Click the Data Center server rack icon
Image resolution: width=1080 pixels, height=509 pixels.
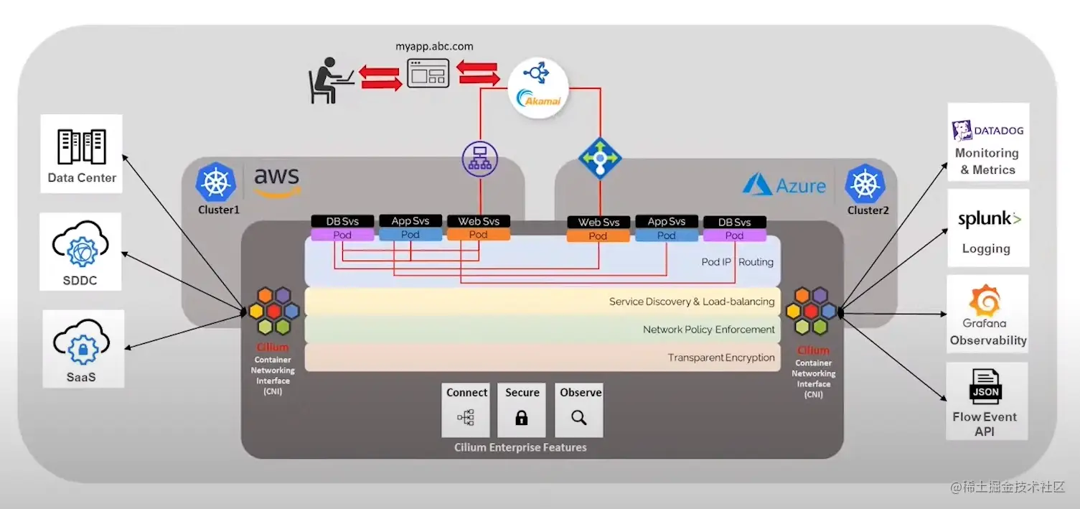coord(81,147)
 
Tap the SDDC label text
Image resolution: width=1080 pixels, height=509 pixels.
coord(80,280)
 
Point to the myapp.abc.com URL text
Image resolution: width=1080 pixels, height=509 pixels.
coord(434,46)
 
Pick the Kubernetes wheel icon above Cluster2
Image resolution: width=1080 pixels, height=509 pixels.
coord(865,184)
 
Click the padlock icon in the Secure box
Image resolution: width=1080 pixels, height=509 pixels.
coord(522,417)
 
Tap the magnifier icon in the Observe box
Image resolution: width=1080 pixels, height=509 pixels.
coord(578,417)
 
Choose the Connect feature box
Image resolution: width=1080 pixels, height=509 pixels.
coord(466,410)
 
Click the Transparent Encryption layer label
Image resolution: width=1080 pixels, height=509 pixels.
coord(721,358)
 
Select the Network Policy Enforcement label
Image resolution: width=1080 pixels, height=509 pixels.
coord(708,330)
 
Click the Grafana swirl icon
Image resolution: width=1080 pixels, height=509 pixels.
coord(987,301)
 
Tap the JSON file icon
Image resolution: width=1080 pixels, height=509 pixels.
coord(985,388)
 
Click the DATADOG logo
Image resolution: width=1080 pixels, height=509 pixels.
coord(987,131)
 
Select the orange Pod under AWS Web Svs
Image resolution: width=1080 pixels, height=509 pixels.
coord(478,235)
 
